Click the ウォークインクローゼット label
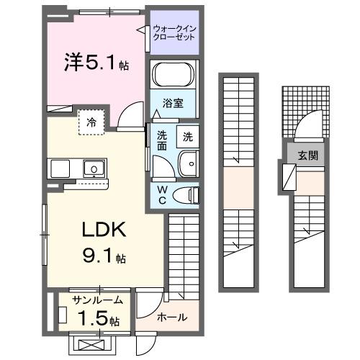pos(174,33)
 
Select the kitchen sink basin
pos(94,169)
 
